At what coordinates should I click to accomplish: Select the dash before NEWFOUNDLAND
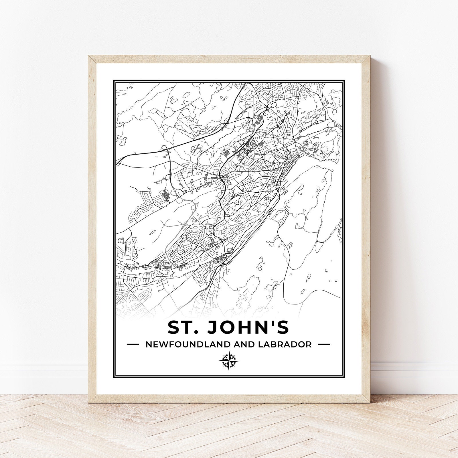(x=133, y=344)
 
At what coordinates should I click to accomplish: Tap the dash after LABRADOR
(x=324, y=344)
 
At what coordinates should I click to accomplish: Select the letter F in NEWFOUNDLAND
(x=170, y=344)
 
